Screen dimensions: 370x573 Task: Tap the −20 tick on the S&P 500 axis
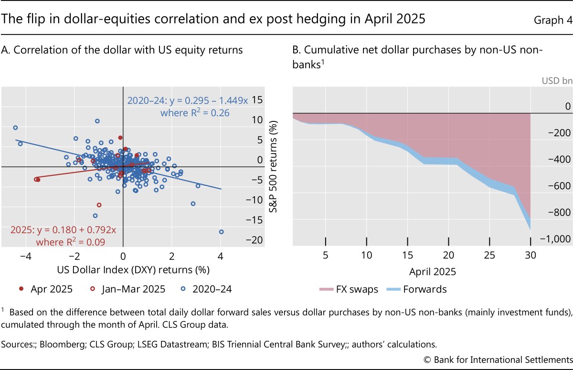pyautogui.click(x=257, y=240)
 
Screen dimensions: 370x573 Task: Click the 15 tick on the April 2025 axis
pyautogui.click(x=407, y=254)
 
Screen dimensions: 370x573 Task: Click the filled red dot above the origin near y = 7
pyautogui.click(x=120, y=138)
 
